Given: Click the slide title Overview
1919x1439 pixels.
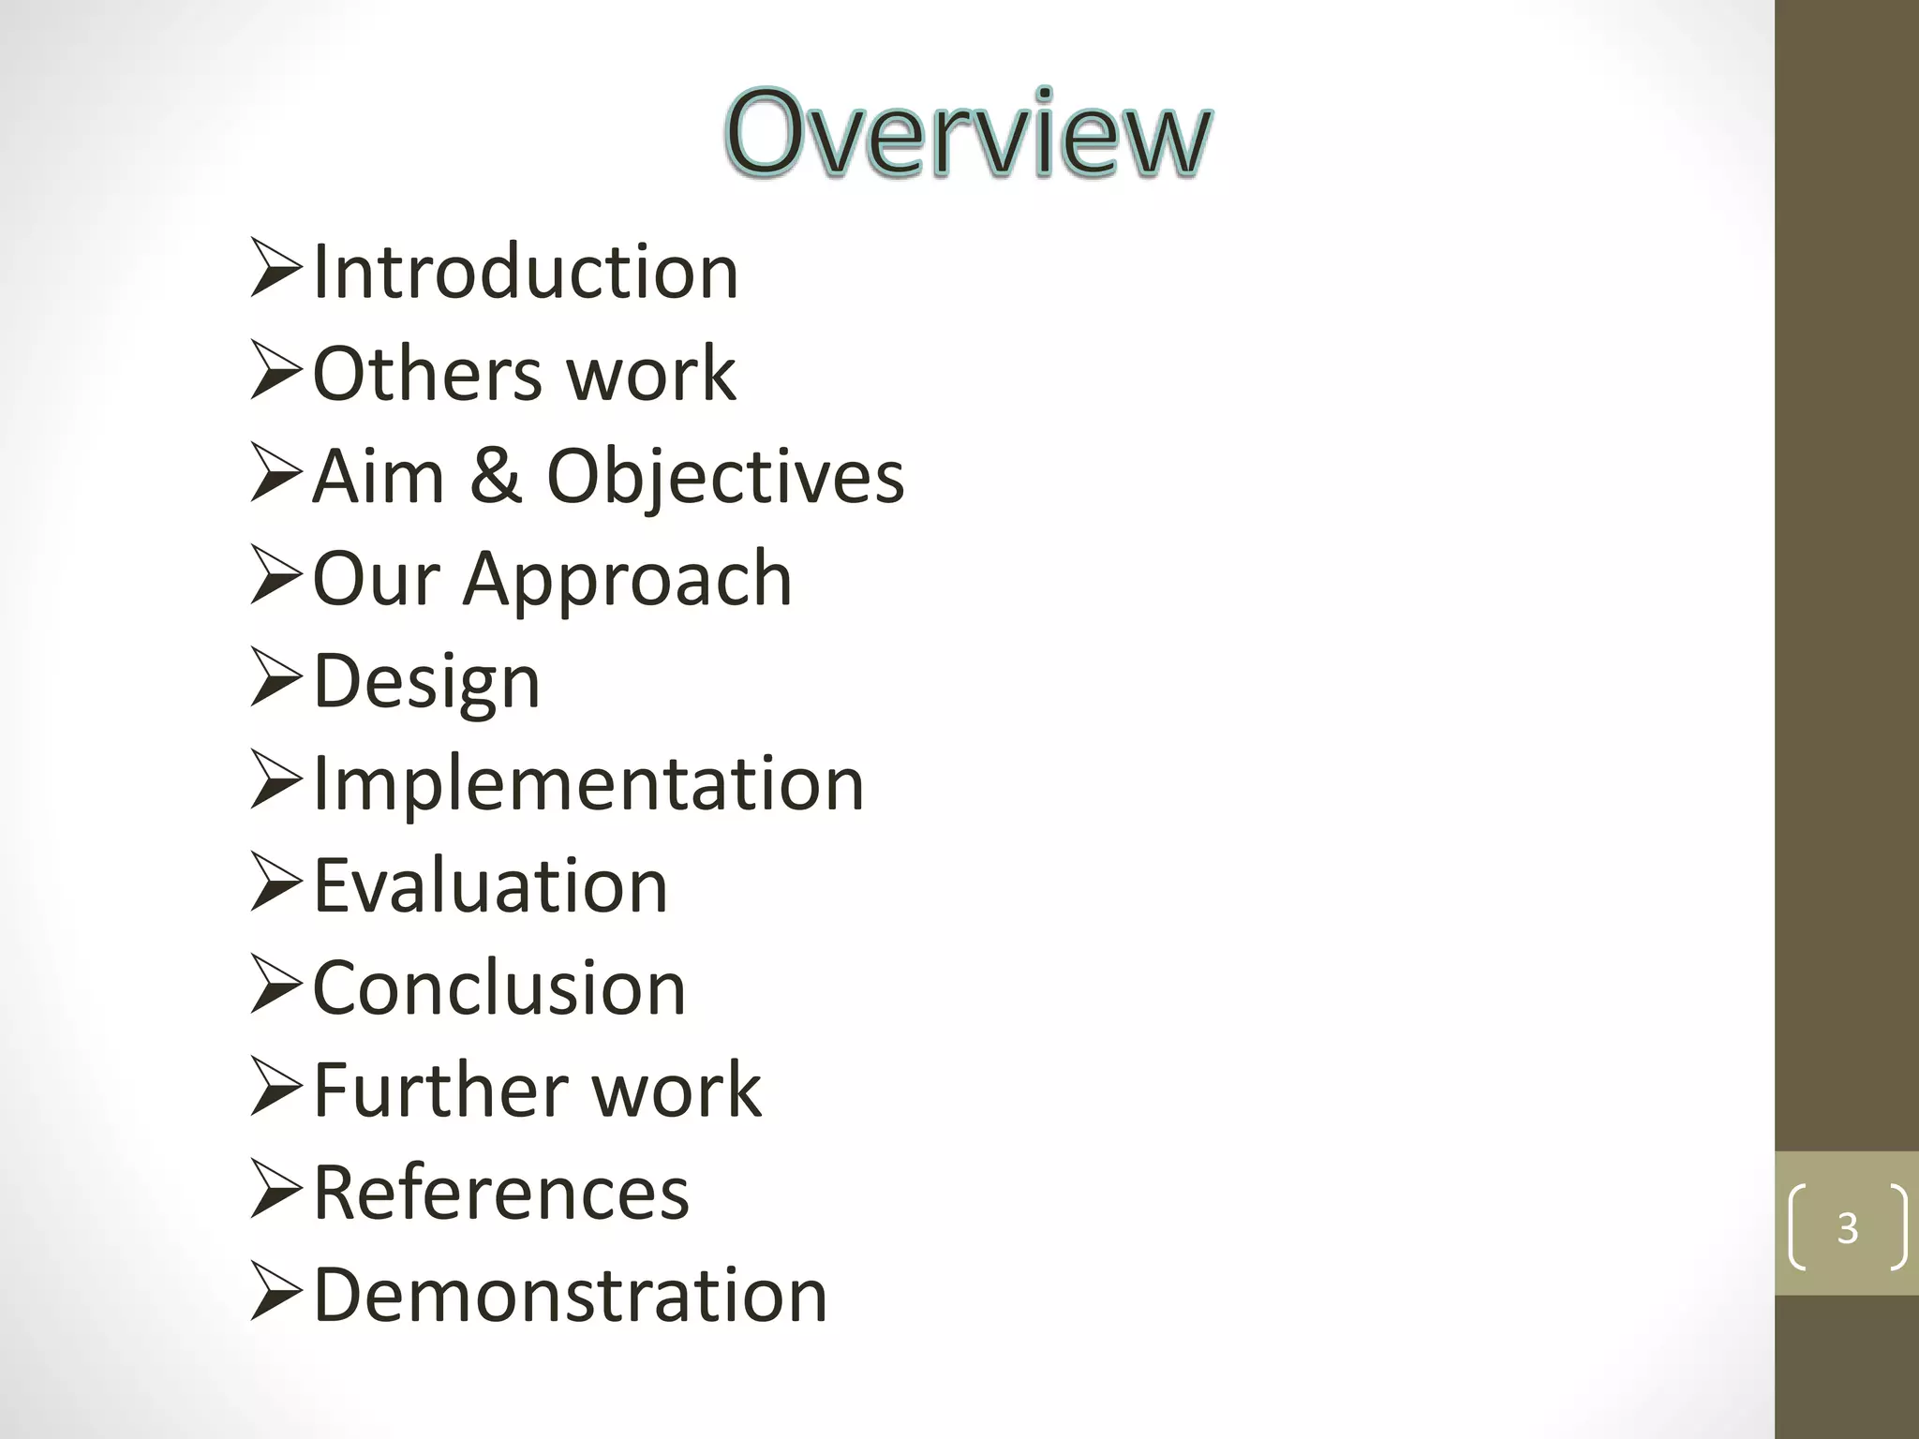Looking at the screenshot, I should pos(968,133).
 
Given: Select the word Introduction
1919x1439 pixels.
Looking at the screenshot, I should pos(526,272).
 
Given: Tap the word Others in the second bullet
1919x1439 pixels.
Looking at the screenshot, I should pos(426,374).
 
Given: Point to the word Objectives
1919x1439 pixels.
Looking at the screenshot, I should pos(725,477).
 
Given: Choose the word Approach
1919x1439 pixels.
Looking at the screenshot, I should pos(627,579).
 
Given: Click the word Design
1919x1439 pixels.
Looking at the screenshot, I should pos(426,682).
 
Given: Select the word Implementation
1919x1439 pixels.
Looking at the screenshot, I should pos(588,783).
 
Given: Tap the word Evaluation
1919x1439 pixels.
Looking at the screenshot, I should pos(490,886).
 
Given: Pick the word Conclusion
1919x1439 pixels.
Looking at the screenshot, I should pos(499,988).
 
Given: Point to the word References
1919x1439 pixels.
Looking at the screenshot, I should pos(501,1193).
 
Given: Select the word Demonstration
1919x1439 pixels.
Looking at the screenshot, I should pos(570,1295).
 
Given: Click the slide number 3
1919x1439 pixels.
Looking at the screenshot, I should pos(1847,1227).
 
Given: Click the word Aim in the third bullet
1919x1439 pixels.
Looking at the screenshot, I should pos(378,476).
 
